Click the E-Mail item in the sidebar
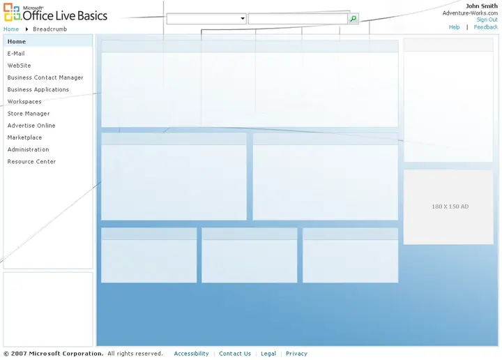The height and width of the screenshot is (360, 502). coord(16,54)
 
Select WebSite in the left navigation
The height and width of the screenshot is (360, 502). coord(20,66)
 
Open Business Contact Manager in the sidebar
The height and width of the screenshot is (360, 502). coord(45,77)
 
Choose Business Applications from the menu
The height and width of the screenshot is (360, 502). coord(38,89)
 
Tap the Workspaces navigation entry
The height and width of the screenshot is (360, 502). coord(24,102)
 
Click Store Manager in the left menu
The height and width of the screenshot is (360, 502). coord(29,114)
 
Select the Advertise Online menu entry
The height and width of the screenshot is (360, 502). coord(31,126)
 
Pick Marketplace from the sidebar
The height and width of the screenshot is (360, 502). coord(24,137)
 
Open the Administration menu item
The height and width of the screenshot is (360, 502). coord(28,149)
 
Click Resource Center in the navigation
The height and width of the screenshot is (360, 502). coord(31,161)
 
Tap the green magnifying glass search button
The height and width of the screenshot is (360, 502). coord(353,19)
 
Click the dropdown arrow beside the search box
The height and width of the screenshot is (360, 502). coord(243,19)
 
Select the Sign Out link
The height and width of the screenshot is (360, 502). coord(487,20)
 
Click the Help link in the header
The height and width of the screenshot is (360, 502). coord(454,27)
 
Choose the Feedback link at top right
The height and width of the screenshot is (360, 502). coord(486,27)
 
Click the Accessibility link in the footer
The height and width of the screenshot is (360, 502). coord(191,354)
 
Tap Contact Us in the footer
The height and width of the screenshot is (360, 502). coord(235,354)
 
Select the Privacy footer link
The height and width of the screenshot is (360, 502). coord(296,354)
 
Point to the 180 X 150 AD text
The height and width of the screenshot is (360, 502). coord(450,207)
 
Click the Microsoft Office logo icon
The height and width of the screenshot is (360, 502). coord(12,12)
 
